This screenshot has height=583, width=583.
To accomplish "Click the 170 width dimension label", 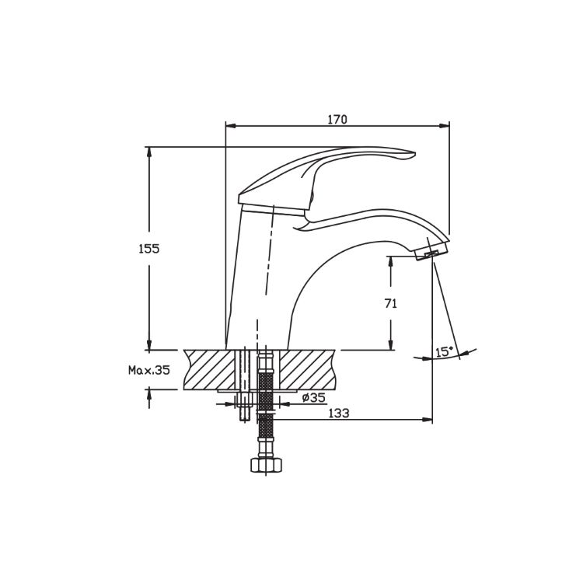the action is [x=337, y=120].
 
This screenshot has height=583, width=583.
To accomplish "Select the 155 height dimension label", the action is [x=148, y=249].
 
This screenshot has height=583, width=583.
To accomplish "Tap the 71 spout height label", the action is [x=391, y=304].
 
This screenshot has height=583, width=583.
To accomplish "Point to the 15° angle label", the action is [x=444, y=351].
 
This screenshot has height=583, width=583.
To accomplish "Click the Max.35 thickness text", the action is [x=148, y=370].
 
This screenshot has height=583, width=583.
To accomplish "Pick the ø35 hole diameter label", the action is [x=314, y=398].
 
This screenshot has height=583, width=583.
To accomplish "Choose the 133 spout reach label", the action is [x=339, y=413].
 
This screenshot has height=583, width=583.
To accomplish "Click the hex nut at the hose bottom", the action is [x=266, y=465].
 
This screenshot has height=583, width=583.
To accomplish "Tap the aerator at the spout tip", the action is [x=431, y=252].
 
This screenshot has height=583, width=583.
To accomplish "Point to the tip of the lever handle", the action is [x=414, y=153].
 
